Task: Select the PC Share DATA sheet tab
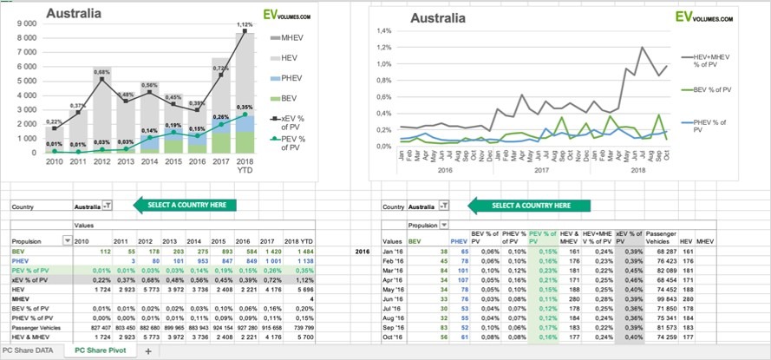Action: tap(32, 350)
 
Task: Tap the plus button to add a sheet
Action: tap(147, 350)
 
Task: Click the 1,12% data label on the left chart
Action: tap(245, 24)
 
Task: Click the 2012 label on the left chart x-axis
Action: tap(101, 162)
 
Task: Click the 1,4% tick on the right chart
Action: tap(383, 30)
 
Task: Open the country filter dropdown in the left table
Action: tap(107, 206)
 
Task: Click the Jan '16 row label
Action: tap(419, 250)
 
